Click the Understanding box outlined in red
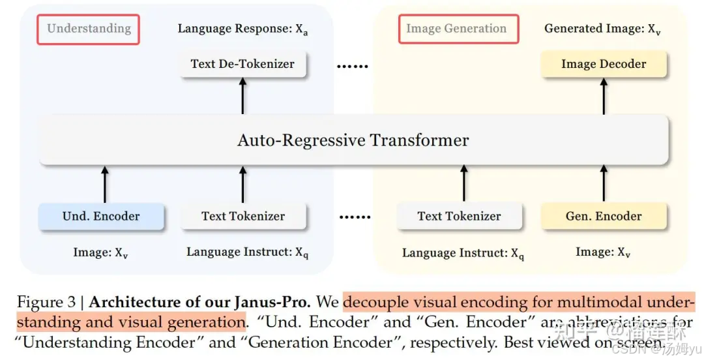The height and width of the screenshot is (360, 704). tap(89, 29)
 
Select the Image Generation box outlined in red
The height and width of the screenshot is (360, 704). tap(456, 29)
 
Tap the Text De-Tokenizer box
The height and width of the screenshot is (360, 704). tap(242, 64)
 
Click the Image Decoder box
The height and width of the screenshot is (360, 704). tap(604, 64)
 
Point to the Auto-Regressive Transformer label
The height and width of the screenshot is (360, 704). tap(353, 140)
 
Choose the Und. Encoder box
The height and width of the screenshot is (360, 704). tap(101, 216)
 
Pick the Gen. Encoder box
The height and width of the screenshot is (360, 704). tap(604, 216)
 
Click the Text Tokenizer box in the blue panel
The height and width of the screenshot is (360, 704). tap(243, 216)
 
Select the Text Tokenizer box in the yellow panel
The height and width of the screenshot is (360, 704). tap(460, 216)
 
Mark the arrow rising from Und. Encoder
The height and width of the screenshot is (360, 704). tap(104, 183)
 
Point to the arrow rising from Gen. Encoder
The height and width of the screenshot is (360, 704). tap(604, 183)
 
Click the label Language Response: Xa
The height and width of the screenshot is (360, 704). tap(242, 29)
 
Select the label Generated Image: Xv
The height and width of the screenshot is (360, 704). tap(603, 29)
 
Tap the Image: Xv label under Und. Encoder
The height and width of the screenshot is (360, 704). tap(100, 253)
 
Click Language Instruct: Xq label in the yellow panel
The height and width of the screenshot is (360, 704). tap(463, 254)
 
